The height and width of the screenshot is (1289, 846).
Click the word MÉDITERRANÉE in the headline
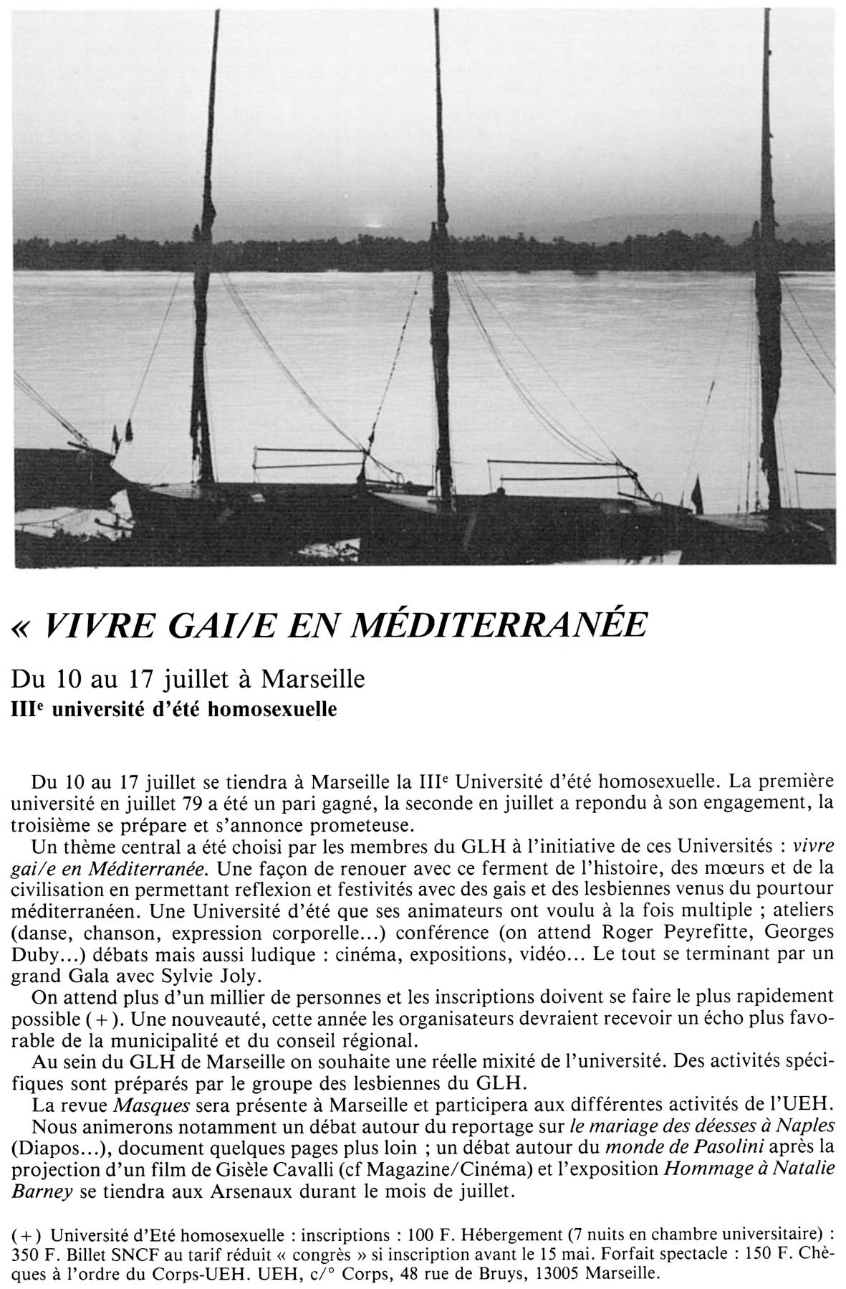click(x=504, y=625)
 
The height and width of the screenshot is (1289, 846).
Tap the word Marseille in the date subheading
click(x=312, y=677)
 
